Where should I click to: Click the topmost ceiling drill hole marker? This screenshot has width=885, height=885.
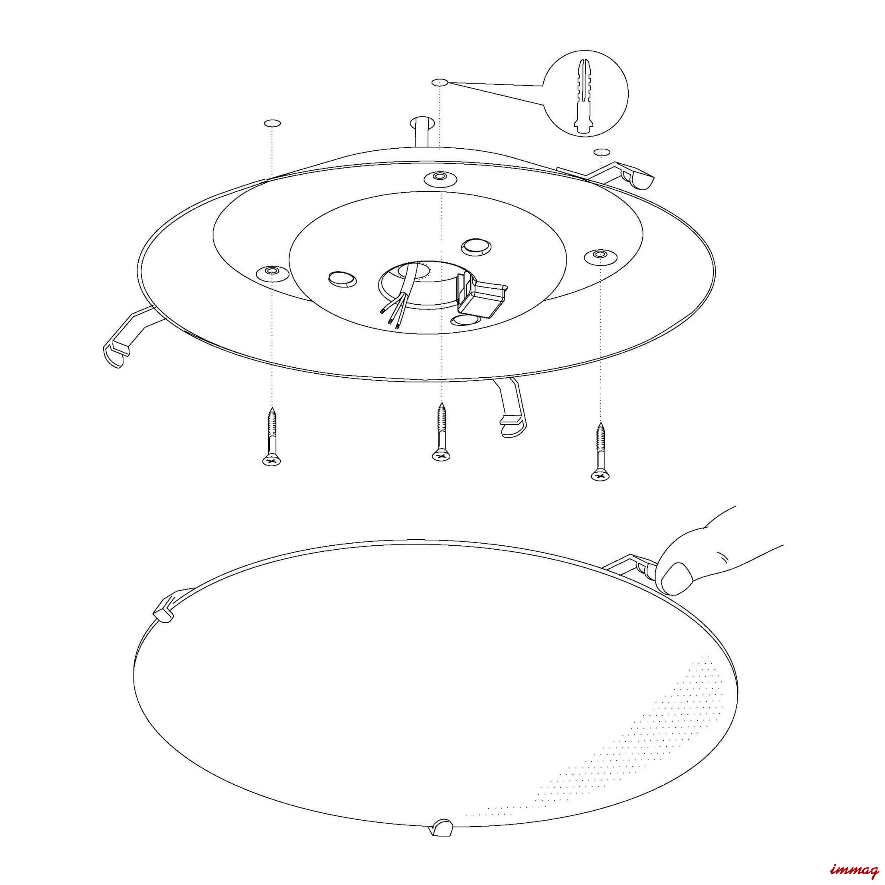[440, 83]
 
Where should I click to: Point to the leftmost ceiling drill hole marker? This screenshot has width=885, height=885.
[273, 123]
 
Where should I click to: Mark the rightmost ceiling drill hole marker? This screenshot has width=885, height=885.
[602, 152]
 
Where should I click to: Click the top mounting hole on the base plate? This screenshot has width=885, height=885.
[440, 177]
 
